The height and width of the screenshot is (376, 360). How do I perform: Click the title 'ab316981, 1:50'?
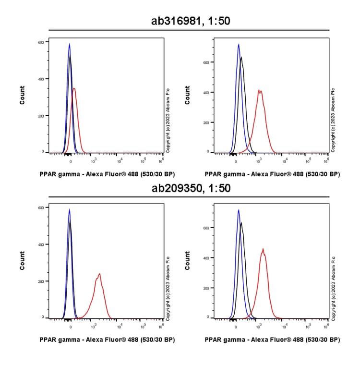189,21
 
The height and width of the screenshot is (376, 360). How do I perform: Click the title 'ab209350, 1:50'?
189,188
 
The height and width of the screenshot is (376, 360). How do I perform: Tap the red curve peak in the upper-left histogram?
74,89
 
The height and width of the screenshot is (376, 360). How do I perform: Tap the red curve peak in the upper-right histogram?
260,90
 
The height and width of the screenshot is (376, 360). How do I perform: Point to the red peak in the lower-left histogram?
99,274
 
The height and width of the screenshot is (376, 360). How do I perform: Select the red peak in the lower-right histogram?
263,249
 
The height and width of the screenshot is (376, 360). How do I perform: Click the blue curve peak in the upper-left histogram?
70,44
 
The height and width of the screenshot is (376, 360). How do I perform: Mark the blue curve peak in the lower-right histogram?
238,210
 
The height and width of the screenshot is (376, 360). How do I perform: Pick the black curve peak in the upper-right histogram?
241,58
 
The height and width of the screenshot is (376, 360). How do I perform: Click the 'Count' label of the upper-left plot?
22,95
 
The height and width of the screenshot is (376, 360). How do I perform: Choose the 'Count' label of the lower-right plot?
188,260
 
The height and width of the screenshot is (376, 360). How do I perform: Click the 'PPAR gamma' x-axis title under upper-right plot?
272,174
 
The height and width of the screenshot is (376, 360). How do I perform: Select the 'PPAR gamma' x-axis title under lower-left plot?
107,340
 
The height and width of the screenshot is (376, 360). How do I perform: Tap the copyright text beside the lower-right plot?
334,286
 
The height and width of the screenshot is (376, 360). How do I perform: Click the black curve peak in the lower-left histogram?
70,222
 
